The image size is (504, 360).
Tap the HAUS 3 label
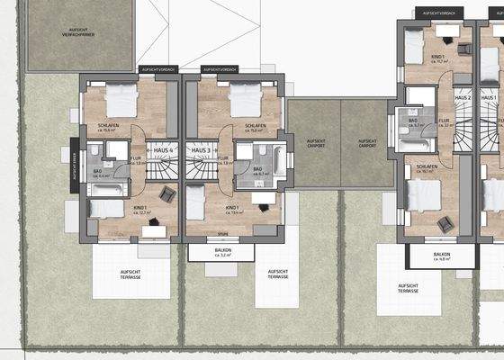[200, 149]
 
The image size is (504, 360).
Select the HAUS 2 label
[463, 96]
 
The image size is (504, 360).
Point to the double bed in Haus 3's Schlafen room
[246, 100]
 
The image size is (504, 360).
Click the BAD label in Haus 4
[97, 171]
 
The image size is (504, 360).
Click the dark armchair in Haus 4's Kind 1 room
[167, 193]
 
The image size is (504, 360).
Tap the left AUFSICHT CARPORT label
[316, 142]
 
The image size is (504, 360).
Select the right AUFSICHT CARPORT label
[367, 142]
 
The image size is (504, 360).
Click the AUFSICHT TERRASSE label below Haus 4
[131, 274]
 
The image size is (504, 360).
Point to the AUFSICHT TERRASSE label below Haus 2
[409, 289]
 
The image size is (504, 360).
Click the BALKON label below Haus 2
[442, 256]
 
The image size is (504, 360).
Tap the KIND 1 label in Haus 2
[437, 56]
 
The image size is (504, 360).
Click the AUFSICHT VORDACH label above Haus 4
[156, 69]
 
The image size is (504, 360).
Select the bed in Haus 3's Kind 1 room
[196, 202]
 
